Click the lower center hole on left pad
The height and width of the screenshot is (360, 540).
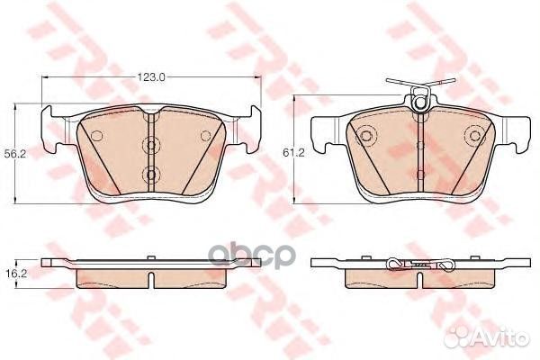(x=150, y=173)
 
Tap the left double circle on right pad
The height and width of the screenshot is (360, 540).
(x=366, y=137)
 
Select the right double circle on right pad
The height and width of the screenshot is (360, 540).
(x=474, y=137)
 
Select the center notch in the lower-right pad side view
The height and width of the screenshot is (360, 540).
(x=420, y=280)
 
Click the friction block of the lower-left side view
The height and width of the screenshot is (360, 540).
(x=150, y=277)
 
